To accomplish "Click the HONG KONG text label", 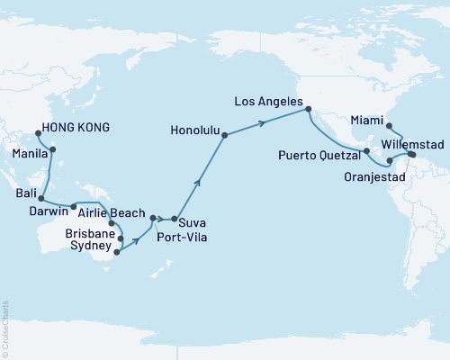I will pyautogui.click(x=76, y=128).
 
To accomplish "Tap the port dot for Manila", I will pyautogui.click(x=53, y=149).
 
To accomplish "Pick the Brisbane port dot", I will pyautogui.click(x=120, y=238).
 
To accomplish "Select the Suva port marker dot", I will pyautogui.click(x=173, y=219).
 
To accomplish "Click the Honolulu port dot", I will pyautogui.click(x=224, y=135).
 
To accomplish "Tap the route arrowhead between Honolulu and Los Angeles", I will pyautogui.click(x=271, y=121).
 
